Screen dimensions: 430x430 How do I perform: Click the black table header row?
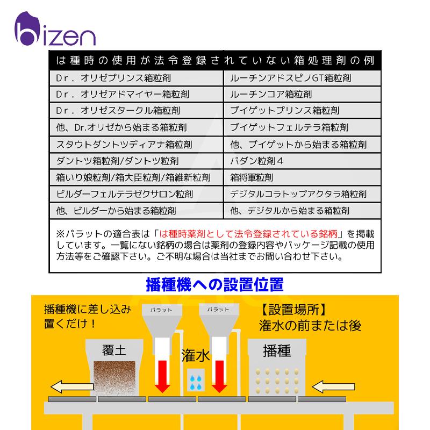[x=215, y=59]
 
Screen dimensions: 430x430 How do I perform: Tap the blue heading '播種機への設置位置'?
[x=214, y=283]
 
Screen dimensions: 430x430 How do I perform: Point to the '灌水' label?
[x=195, y=356]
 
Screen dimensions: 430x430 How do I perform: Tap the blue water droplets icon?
[x=195, y=380]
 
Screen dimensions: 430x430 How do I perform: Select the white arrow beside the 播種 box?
[x=333, y=386]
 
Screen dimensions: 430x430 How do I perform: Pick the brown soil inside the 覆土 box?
[x=114, y=377]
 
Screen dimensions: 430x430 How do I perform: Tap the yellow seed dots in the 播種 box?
[x=276, y=380]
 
